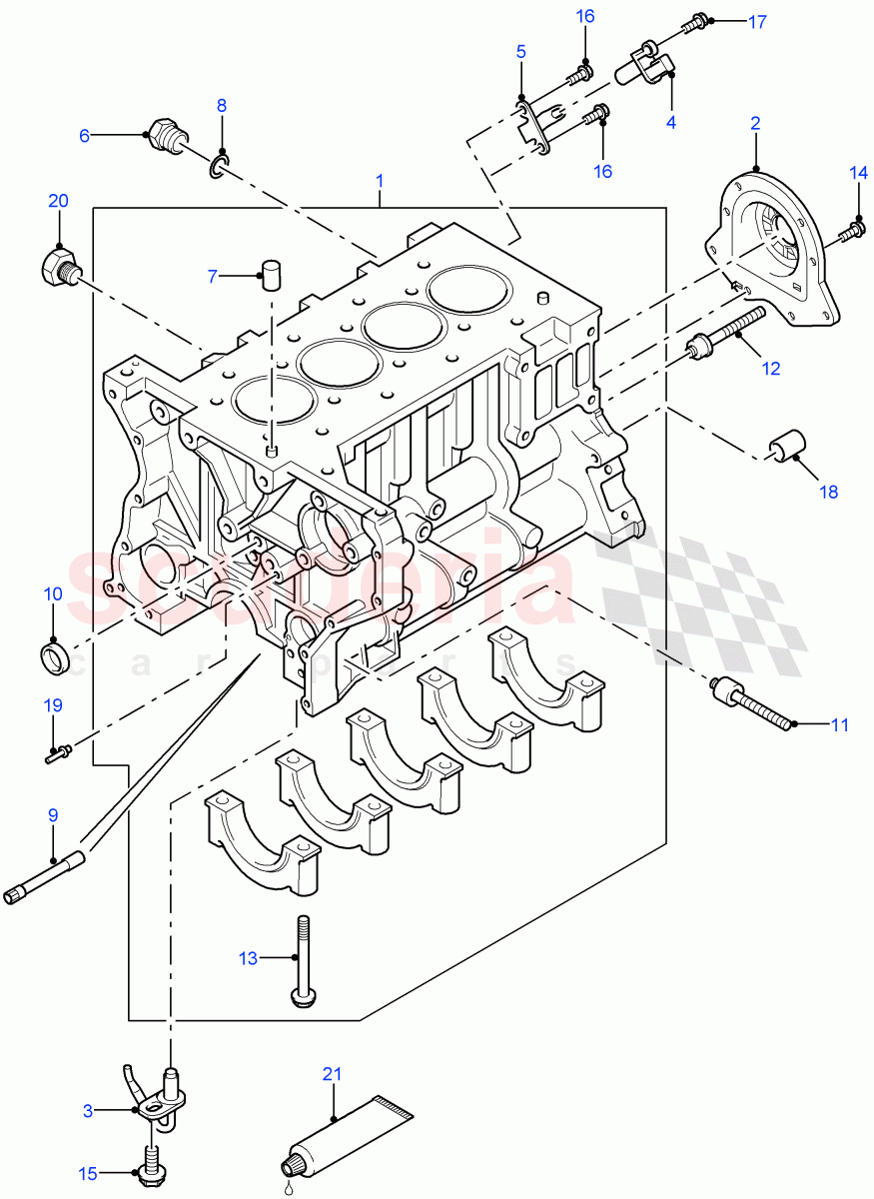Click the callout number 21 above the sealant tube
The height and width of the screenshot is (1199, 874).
point(332,1074)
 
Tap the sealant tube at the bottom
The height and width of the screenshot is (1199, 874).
point(345,1135)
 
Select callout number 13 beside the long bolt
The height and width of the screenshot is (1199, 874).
point(248,958)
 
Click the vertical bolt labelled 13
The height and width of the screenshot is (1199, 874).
point(299,959)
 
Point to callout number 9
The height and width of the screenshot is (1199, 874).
point(53,814)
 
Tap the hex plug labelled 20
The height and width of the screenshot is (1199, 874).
point(59,267)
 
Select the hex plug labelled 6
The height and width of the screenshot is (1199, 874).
point(162,137)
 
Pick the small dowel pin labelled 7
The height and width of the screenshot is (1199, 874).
point(269,273)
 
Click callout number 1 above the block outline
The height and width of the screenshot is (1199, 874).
point(380,181)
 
